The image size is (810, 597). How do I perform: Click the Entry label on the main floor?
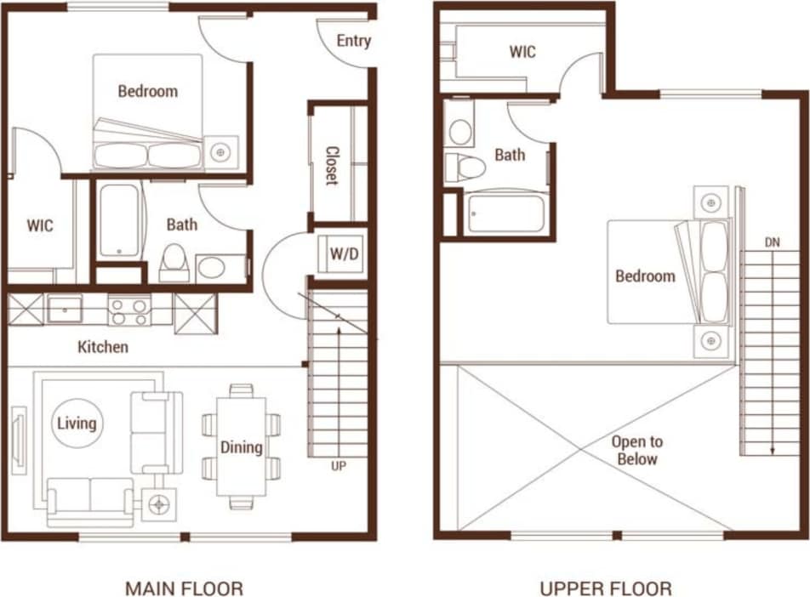(353, 41)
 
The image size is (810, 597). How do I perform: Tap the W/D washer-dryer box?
(343, 253)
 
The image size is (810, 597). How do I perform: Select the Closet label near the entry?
(331, 165)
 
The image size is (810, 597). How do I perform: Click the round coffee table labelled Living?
(77, 423)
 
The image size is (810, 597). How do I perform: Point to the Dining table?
(241, 446)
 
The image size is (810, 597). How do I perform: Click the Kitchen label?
(103, 347)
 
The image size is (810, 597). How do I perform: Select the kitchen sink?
(65, 308)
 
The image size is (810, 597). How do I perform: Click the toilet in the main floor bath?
(175, 262)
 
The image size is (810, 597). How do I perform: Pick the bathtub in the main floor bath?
(118, 220)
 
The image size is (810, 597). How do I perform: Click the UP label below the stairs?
(338, 466)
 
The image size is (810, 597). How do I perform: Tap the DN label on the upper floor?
(772, 242)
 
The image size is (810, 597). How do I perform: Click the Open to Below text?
(637, 451)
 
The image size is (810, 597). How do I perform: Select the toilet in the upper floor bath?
(463, 166)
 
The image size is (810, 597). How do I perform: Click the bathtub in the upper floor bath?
(505, 213)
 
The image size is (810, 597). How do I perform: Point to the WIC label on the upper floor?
(522, 52)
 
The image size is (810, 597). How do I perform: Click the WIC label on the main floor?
(40, 225)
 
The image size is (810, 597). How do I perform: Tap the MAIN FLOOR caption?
(184, 588)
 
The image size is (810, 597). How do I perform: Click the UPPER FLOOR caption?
(605, 588)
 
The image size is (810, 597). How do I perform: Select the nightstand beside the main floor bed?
(220, 152)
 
